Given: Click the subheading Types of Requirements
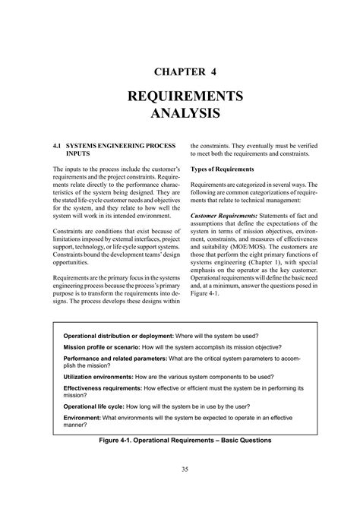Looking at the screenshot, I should [x=222, y=168].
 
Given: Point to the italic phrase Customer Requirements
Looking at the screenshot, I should [x=224, y=216].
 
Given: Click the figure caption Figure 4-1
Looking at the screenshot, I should [x=180, y=441].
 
